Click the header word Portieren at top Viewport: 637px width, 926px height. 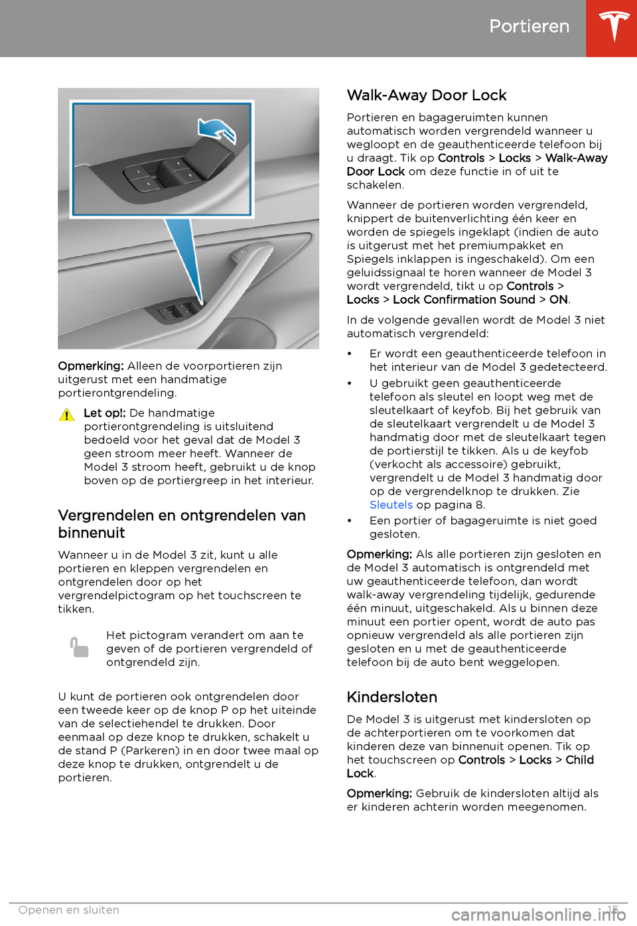pos(529,27)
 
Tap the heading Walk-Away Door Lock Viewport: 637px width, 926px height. pos(426,96)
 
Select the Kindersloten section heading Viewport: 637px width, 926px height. pos(391,697)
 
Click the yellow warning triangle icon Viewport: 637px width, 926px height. pos(67,415)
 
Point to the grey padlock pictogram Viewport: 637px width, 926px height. pos(79,647)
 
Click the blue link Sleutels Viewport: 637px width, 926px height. pos(391,505)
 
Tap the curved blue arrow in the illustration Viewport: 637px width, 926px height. pos(218,129)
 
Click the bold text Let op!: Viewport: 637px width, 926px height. pos(104,413)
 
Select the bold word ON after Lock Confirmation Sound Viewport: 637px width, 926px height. pos(558,300)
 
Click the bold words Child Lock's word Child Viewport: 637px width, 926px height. pos(579,760)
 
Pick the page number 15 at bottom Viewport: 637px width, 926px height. pos(612,909)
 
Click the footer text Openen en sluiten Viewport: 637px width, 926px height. pos(69,910)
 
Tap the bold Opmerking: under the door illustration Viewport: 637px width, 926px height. pos(91,366)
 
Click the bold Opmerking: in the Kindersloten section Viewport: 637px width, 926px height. pos(379,794)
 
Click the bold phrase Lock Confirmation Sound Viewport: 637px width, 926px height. pos(464,300)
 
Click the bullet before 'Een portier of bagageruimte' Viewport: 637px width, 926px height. pos(350,521)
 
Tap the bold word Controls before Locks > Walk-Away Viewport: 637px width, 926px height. pos(461,159)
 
